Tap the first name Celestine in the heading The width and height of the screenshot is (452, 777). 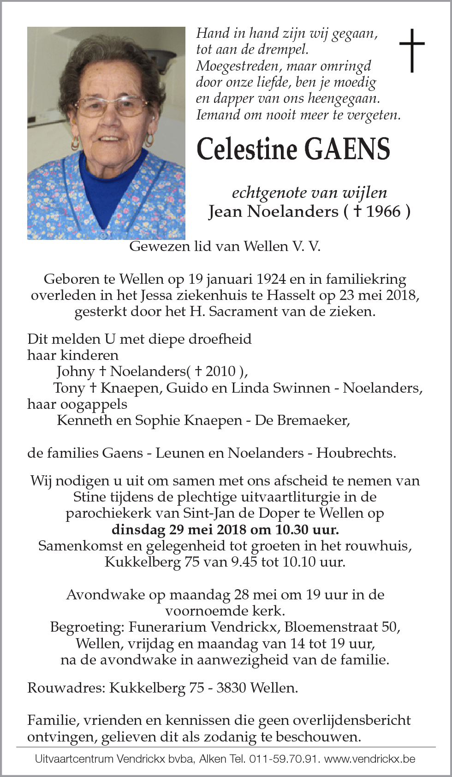247,149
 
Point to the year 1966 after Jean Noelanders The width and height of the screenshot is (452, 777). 384,211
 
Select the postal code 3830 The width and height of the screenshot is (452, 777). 231,688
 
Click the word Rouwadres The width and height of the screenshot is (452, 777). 66,688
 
